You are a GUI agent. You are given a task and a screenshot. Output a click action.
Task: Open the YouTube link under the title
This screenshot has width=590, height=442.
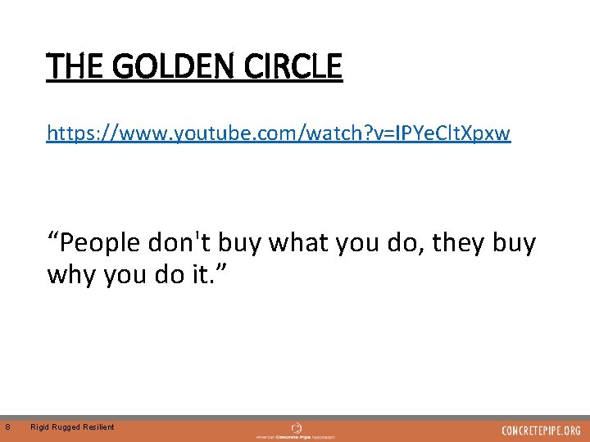279,133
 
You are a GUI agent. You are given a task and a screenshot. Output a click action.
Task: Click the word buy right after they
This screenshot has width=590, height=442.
515,243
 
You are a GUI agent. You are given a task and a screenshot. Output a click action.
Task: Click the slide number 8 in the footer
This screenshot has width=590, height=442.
7,426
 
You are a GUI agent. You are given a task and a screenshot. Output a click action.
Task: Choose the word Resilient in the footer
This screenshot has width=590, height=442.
98,426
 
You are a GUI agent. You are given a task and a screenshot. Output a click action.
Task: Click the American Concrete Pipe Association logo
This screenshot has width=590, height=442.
296,431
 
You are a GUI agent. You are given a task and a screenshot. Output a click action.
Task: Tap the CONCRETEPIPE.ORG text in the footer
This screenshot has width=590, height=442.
541,431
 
